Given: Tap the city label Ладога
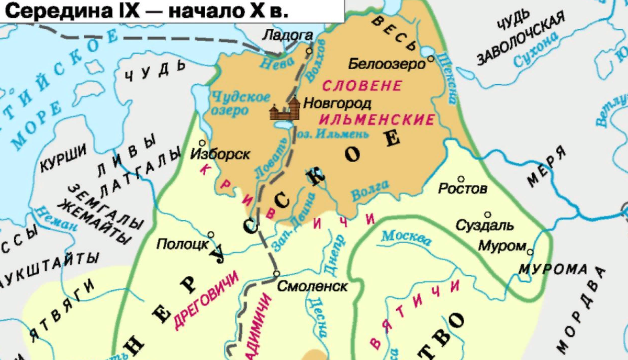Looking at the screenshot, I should tap(295, 36).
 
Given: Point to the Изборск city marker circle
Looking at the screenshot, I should tap(202, 142).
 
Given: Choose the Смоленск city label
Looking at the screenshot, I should tap(312, 286).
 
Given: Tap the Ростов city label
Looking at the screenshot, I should tap(463, 188).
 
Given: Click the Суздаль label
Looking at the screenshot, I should tap(485, 226).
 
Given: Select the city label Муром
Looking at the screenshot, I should tap(502, 246).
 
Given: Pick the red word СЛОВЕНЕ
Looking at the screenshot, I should tap(362, 85).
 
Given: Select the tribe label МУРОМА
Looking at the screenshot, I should tap(553, 269).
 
